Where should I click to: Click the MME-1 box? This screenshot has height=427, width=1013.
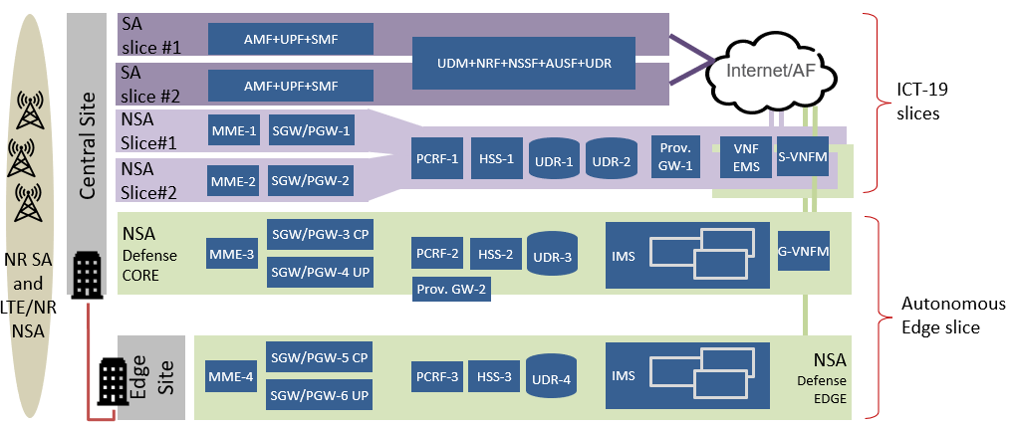pyautogui.click(x=232, y=130)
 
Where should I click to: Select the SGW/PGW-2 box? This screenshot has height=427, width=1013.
pyautogui.click(x=310, y=181)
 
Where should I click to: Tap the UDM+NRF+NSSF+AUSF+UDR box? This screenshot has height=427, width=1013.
pyautogui.click(x=523, y=63)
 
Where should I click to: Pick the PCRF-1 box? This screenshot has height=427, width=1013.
pyautogui.click(x=436, y=158)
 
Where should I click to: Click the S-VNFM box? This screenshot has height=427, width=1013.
pyautogui.click(x=802, y=155)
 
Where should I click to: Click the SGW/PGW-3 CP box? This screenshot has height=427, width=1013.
pyautogui.click(x=320, y=235)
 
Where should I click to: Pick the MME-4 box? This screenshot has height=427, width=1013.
pyautogui.click(x=230, y=377)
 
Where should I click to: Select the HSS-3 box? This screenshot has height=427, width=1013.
pyautogui.click(x=494, y=377)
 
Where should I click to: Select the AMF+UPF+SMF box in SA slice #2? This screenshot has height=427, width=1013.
pyautogui.click(x=290, y=87)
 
